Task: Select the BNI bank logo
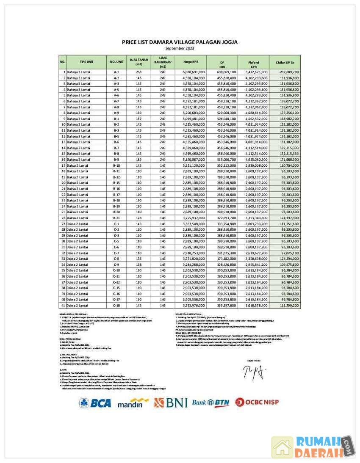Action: (x=171, y=402)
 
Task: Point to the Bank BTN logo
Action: (x=210, y=402)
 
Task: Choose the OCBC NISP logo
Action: (x=257, y=402)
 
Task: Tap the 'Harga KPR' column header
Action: (x=191, y=62)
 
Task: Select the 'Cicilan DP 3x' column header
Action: (x=285, y=62)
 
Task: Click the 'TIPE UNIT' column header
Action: (x=86, y=62)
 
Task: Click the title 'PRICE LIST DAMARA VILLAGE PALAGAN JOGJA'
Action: (x=180, y=42)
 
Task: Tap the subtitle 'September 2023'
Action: (x=180, y=48)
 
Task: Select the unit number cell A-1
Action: (x=116, y=72)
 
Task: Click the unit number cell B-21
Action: (x=116, y=217)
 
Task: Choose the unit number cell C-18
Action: (x=116, y=305)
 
